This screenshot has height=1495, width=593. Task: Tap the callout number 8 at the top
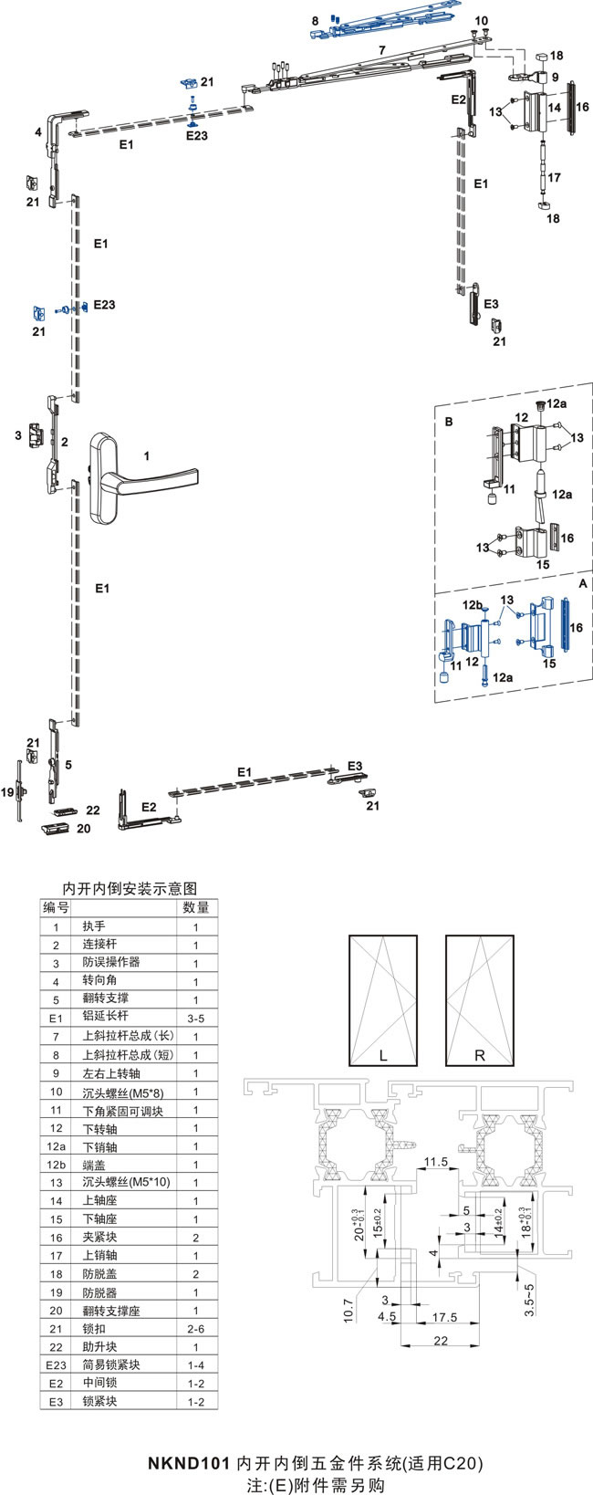coord(315,20)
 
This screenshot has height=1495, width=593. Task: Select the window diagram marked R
coord(480,1000)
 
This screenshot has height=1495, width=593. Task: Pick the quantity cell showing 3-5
coord(196,1018)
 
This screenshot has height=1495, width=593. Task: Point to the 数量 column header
coord(196,907)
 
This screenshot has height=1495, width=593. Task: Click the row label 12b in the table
coord(57,1165)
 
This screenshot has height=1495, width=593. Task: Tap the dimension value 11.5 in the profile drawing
coord(436,1162)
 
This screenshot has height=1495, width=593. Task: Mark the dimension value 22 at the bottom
coord(442,1341)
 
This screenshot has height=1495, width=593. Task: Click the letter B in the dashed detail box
coord(449,422)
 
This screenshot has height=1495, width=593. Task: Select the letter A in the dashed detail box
coord(583,581)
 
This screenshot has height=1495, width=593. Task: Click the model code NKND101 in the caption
coord(189,1463)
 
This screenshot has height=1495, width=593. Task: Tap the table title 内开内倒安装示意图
coord(129,887)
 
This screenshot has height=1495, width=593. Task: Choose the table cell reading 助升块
coord(99,1346)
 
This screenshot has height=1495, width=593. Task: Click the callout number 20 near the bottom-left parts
coord(84,829)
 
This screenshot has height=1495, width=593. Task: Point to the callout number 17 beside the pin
coord(554,178)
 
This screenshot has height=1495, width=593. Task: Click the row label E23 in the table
coord(57,1365)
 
